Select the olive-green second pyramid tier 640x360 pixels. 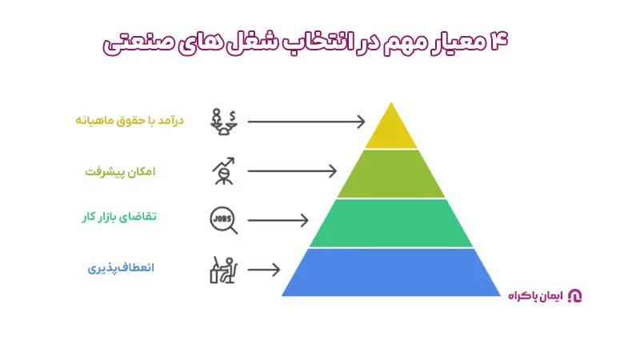coord(391,174)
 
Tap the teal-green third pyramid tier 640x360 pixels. coord(391,222)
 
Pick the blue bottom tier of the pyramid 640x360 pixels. coord(391,272)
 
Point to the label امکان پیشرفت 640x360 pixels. coord(120,170)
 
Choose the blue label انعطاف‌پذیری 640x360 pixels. coord(121,268)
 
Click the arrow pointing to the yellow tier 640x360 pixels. coord(306,122)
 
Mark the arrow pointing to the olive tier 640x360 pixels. coord(292,170)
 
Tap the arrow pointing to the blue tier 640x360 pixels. coord(265,270)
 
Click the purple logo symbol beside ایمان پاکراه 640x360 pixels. coord(574,296)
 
